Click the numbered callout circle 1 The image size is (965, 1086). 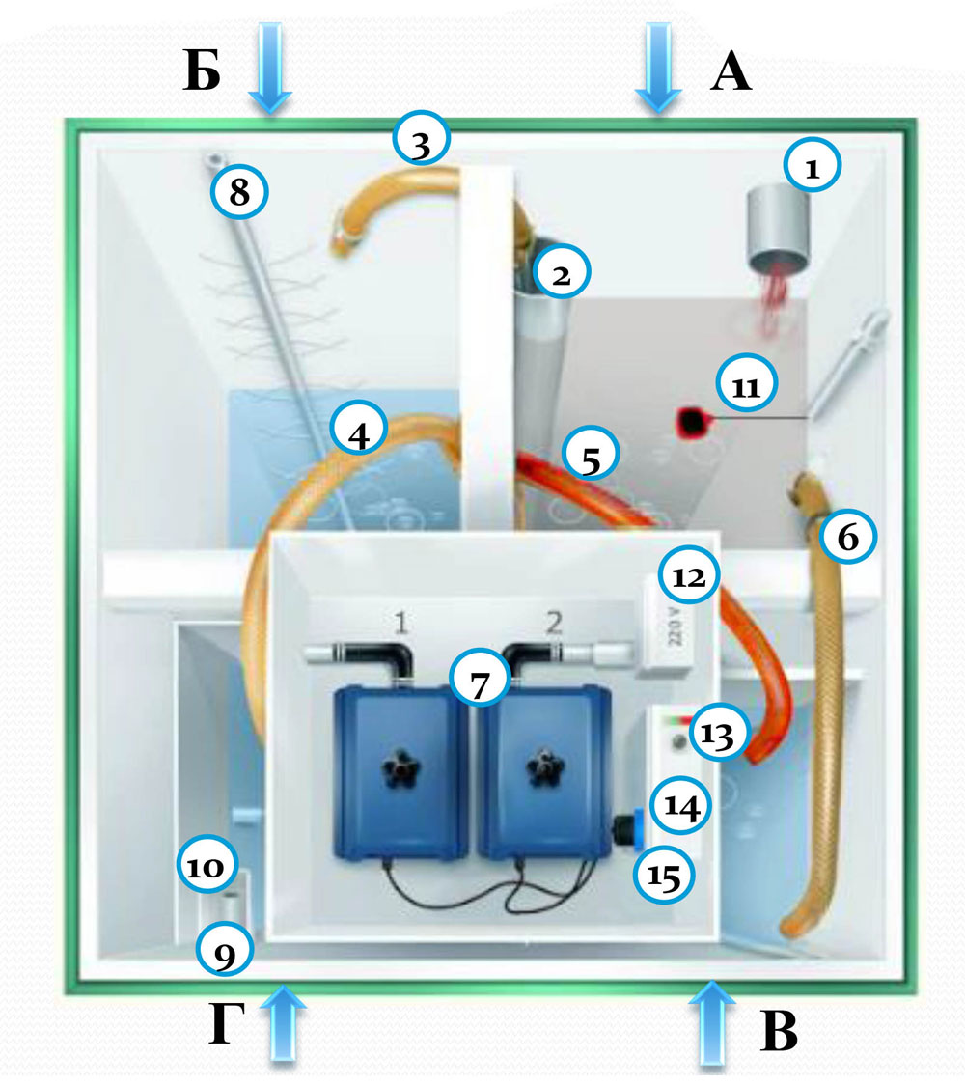coord(813,166)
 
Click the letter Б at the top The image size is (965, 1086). coord(202,73)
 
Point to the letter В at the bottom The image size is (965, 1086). coord(779,1034)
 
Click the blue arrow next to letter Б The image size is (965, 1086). coord(270,70)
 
